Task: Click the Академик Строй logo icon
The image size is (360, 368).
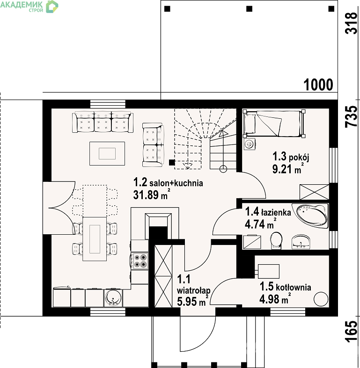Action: [x=51, y=7]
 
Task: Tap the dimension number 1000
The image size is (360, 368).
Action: [x=318, y=85]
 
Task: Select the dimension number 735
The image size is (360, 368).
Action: [x=351, y=116]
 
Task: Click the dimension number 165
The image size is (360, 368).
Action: [x=351, y=331]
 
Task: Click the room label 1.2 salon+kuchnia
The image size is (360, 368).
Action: [x=168, y=182]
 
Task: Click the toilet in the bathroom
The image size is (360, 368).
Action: [x=276, y=240]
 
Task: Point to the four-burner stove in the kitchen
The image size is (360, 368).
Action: [x=140, y=261]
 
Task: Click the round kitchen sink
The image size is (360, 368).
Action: [x=113, y=298]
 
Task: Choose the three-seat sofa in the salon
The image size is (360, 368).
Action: [x=103, y=122]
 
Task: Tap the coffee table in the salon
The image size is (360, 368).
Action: [x=107, y=153]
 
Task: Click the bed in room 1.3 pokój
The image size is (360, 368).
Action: [x=274, y=123]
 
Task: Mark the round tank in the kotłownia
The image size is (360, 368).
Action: [x=321, y=299]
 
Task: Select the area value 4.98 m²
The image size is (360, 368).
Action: [x=275, y=299]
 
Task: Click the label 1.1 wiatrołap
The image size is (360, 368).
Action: [x=193, y=284]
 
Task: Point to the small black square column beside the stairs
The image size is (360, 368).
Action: [x=172, y=162]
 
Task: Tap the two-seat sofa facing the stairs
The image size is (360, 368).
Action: [x=153, y=145]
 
